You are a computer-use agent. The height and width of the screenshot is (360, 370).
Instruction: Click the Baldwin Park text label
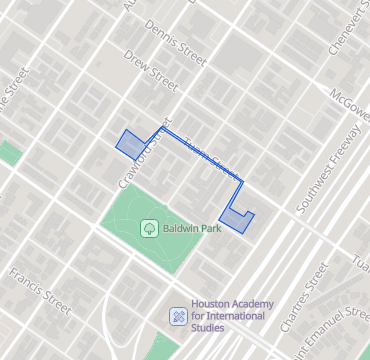[x=191, y=228]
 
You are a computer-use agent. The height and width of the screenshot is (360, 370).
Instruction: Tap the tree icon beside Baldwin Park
[x=149, y=228]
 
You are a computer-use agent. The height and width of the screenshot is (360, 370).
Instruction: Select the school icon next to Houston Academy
[x=178, y=316]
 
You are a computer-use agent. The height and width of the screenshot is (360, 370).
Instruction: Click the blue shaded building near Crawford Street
[x=131, y=144]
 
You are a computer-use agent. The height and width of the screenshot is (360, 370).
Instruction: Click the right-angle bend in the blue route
[x=243, y=182]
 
